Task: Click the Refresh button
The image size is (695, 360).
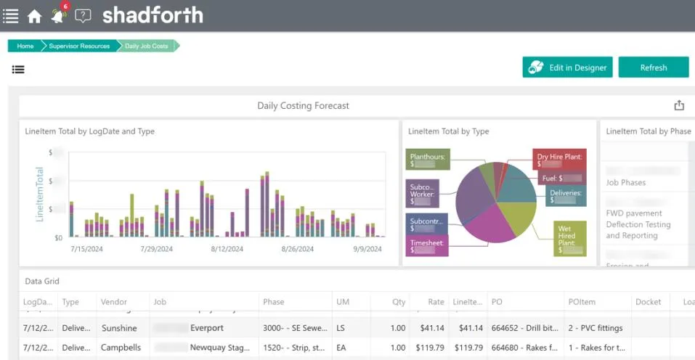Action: tap(653, 67)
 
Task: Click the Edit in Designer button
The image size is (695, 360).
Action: tap(567, 67)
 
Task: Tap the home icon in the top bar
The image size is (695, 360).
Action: tap(34, 16)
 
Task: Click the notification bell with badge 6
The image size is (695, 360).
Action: tap(59, 15)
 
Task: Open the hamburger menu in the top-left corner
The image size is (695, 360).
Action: tap(11, 16)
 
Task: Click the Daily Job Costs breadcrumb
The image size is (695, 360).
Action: tap(147, 46)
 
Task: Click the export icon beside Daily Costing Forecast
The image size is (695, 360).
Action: tap(679, 105)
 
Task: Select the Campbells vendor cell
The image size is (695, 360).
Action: tap(121, 348)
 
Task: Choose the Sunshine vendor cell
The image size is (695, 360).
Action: tap(119, 328)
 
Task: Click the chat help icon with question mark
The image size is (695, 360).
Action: tap(84, 16)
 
